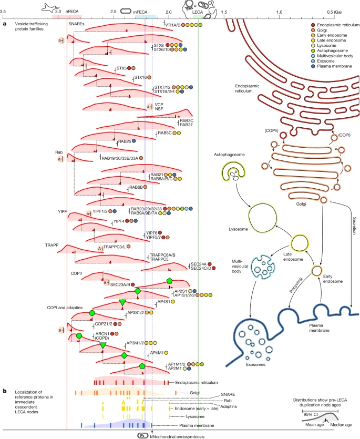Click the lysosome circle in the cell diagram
(263, 217)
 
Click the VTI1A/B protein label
(173, 25)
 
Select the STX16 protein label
(140, 78)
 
